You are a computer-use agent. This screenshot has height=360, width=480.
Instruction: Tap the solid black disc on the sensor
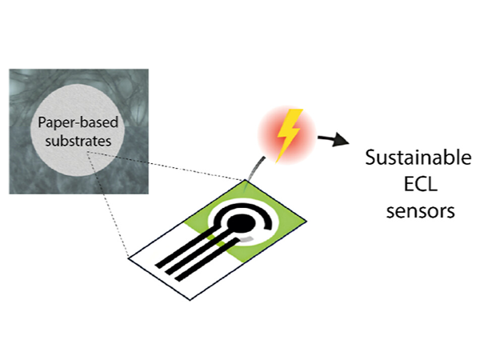(x=240, y=222)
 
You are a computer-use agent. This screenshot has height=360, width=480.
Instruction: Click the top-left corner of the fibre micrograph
(x=10, y=70)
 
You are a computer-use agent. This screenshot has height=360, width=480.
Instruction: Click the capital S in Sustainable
(x=370, y=156)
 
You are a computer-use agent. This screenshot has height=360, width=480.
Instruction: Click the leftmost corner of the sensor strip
(x=129, y=257)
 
